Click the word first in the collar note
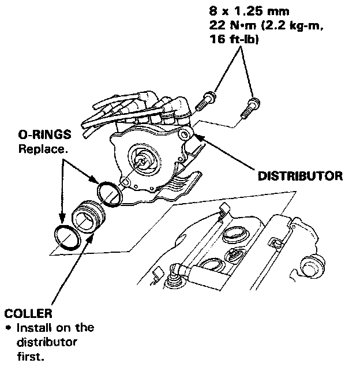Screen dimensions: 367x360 pyautogui.click(x=28, y=356)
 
